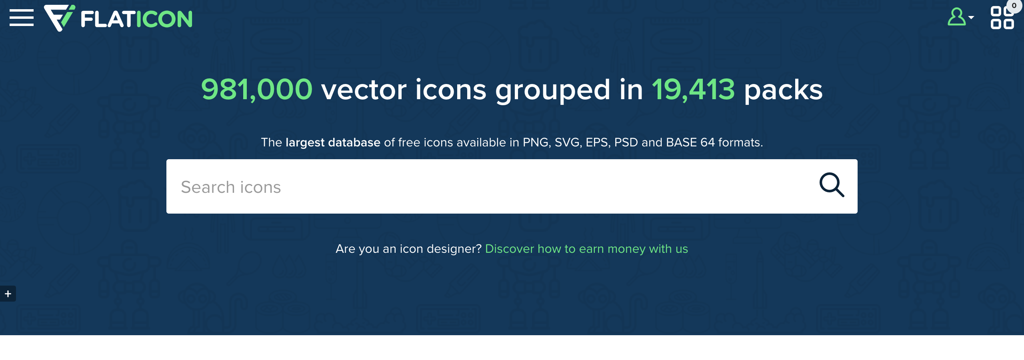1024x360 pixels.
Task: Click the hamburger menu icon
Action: pyautogui.click(x=22, y=18)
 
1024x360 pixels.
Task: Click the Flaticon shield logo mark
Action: pyautogui.click(x=59, y=18)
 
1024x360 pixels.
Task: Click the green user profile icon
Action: pyautogui.click(x=957, y=17)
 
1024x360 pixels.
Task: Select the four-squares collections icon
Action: pyautogui.click(x=1002, y=18)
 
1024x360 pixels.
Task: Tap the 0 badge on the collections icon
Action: pyautogui.click(x=1014, y=6)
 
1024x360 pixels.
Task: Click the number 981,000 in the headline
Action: pyautogui.click(x=256, y=90)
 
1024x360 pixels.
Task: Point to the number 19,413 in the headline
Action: pyautogui.click(x=693, y=90)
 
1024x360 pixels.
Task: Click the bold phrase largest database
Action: pyautogui.click(x=333, y=143)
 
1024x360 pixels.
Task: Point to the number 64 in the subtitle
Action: pyautogui.click(x=708, y=142)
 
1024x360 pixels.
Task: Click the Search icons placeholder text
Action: pyautogui.click(x=231, y=187)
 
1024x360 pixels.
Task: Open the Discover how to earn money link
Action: pyautogui.click(x=586, y=249)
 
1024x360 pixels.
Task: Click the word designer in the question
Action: pyautogui.click(x=454, y=249)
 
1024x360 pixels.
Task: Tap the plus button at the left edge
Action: pyautogui.click(x=8, y=294)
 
